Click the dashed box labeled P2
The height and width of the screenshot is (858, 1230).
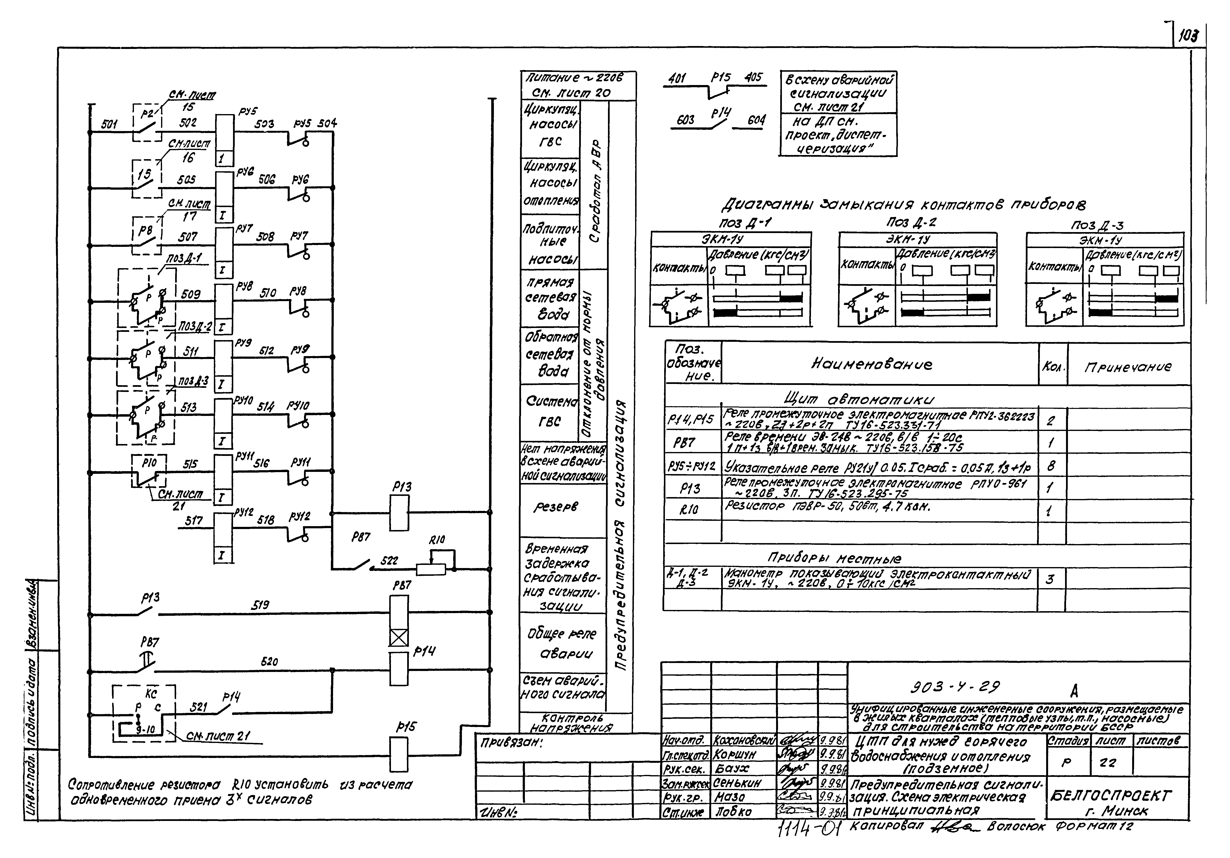point(147,123)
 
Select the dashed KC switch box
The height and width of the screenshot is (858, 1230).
point(144,713)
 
